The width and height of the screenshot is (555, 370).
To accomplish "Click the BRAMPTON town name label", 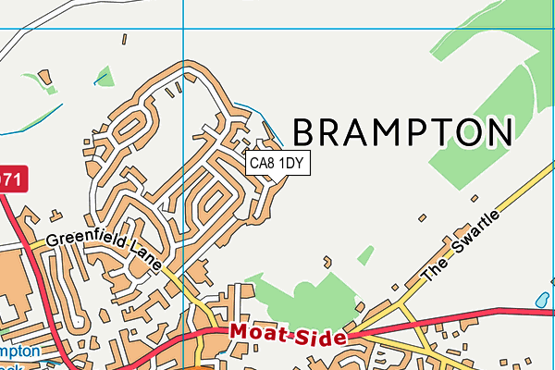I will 403,132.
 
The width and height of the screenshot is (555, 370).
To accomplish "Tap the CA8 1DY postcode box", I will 277,164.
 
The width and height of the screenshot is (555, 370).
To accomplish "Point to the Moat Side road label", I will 288,335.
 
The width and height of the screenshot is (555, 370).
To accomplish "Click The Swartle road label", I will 461,246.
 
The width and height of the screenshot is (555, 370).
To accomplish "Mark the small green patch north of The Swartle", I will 365,254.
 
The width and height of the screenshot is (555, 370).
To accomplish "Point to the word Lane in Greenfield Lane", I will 149,261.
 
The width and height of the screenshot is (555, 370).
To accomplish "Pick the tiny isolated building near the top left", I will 123,39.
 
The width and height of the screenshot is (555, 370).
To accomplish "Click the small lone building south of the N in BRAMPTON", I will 474,197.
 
